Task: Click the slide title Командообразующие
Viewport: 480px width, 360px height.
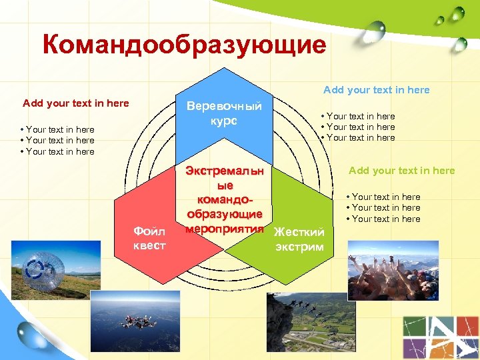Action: click(184, 45)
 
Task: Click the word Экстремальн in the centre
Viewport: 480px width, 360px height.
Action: click(224, 171)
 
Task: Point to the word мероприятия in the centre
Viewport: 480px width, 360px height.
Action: click(224, 227)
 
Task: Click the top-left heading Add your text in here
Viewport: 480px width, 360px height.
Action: click(76, 103)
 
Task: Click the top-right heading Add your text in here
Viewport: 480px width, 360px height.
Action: click(377, 90)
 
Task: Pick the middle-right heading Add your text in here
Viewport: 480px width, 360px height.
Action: click(401, 171)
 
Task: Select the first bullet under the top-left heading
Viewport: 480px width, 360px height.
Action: click(57, 129)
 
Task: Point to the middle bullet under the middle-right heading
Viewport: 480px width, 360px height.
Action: click(383, 208)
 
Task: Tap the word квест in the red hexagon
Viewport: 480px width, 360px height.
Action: click(149, 245)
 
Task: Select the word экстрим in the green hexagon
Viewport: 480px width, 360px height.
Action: click(299, 247)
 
